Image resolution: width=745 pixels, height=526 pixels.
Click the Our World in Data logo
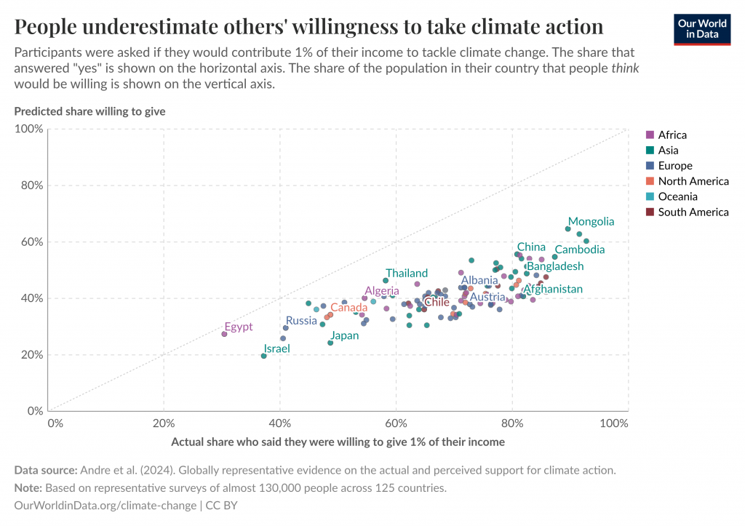(x=701, y=28)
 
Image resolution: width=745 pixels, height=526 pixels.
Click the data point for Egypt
(x=224, y=334)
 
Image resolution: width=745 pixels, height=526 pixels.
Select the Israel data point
(x=263, y=356)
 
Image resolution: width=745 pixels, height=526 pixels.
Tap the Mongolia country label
(x=591, y=222)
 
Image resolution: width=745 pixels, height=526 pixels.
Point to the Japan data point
(x=330, y=343)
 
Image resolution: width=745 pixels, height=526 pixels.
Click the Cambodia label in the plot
(x=579, y=250)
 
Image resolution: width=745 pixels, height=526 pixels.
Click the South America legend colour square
(x=650, y=212)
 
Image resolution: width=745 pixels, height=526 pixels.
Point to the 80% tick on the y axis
(x=31, y=186)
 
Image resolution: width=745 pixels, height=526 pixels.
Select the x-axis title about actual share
(x=338, y=442)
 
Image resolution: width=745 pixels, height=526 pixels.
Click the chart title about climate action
(x=308, y=27)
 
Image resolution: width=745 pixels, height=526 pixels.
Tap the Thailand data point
(x=386, y=280)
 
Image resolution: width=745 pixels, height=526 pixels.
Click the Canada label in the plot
(x=348, y=308)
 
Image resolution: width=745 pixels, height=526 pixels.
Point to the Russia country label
(x=301, y=320)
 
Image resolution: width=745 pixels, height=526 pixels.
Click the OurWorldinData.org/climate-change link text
(x=105, y=505)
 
